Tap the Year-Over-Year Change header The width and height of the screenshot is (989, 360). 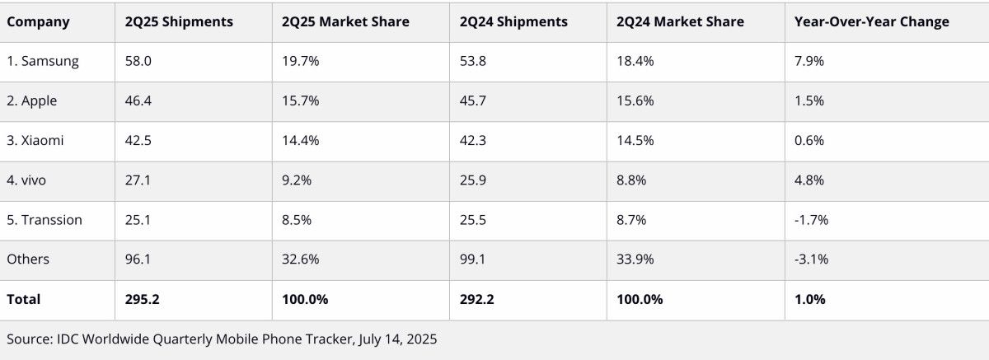[x=871, y=22]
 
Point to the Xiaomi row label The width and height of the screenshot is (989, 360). [x=35, y=141]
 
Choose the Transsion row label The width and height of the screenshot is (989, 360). [x=45, y=220]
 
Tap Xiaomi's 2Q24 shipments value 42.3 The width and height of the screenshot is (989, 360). [x=474, y=141]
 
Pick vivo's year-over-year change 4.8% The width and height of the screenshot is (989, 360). [x=809, y=180]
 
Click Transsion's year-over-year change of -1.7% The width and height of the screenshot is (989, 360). [x=811, y=220]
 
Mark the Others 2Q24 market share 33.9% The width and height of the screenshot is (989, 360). [x=635, y=259]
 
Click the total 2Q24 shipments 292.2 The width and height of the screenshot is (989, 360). [x=477, y=299]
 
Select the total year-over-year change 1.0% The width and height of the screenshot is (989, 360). [x=809, y=299]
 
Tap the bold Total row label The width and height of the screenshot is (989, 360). [x=24, y=299]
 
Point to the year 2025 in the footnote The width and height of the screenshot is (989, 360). [x=420, y=339]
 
